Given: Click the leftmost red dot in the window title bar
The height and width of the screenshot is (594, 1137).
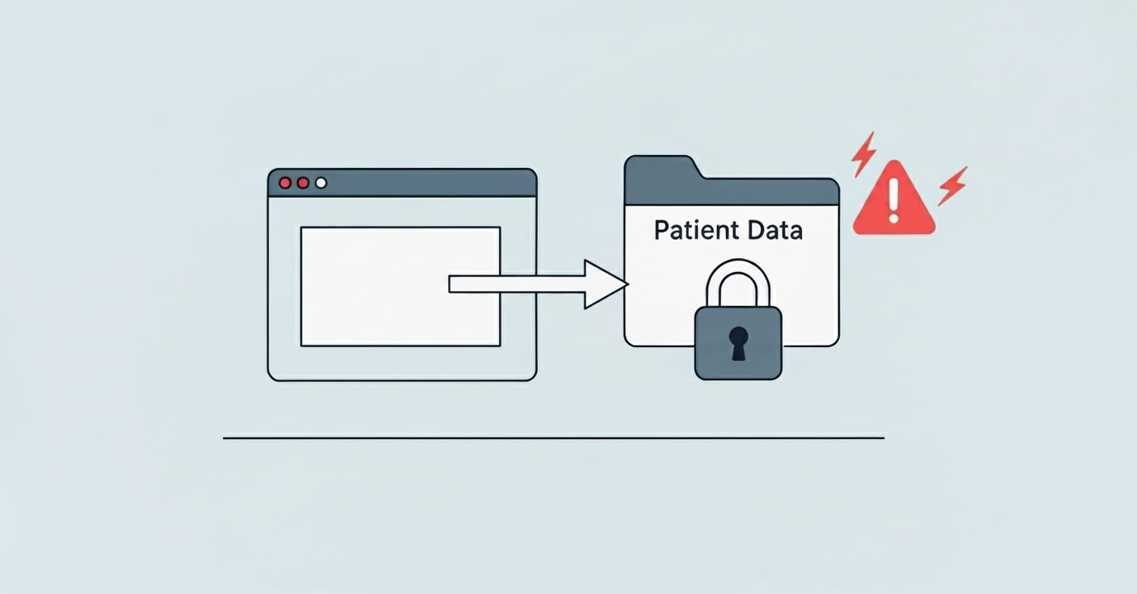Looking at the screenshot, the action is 284,182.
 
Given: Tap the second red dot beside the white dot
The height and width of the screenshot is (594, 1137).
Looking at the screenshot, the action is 303,182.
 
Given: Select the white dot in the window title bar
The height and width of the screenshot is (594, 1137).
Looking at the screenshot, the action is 321,182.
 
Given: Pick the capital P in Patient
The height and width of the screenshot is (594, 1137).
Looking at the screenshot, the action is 661,231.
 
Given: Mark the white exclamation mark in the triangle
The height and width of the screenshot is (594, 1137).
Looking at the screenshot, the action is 893,199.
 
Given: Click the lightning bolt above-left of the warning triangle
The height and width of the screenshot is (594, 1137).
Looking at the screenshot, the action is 863,153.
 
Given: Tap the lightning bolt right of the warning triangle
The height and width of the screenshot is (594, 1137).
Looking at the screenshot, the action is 953,186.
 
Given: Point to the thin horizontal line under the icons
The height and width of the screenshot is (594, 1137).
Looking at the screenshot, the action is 553,438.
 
